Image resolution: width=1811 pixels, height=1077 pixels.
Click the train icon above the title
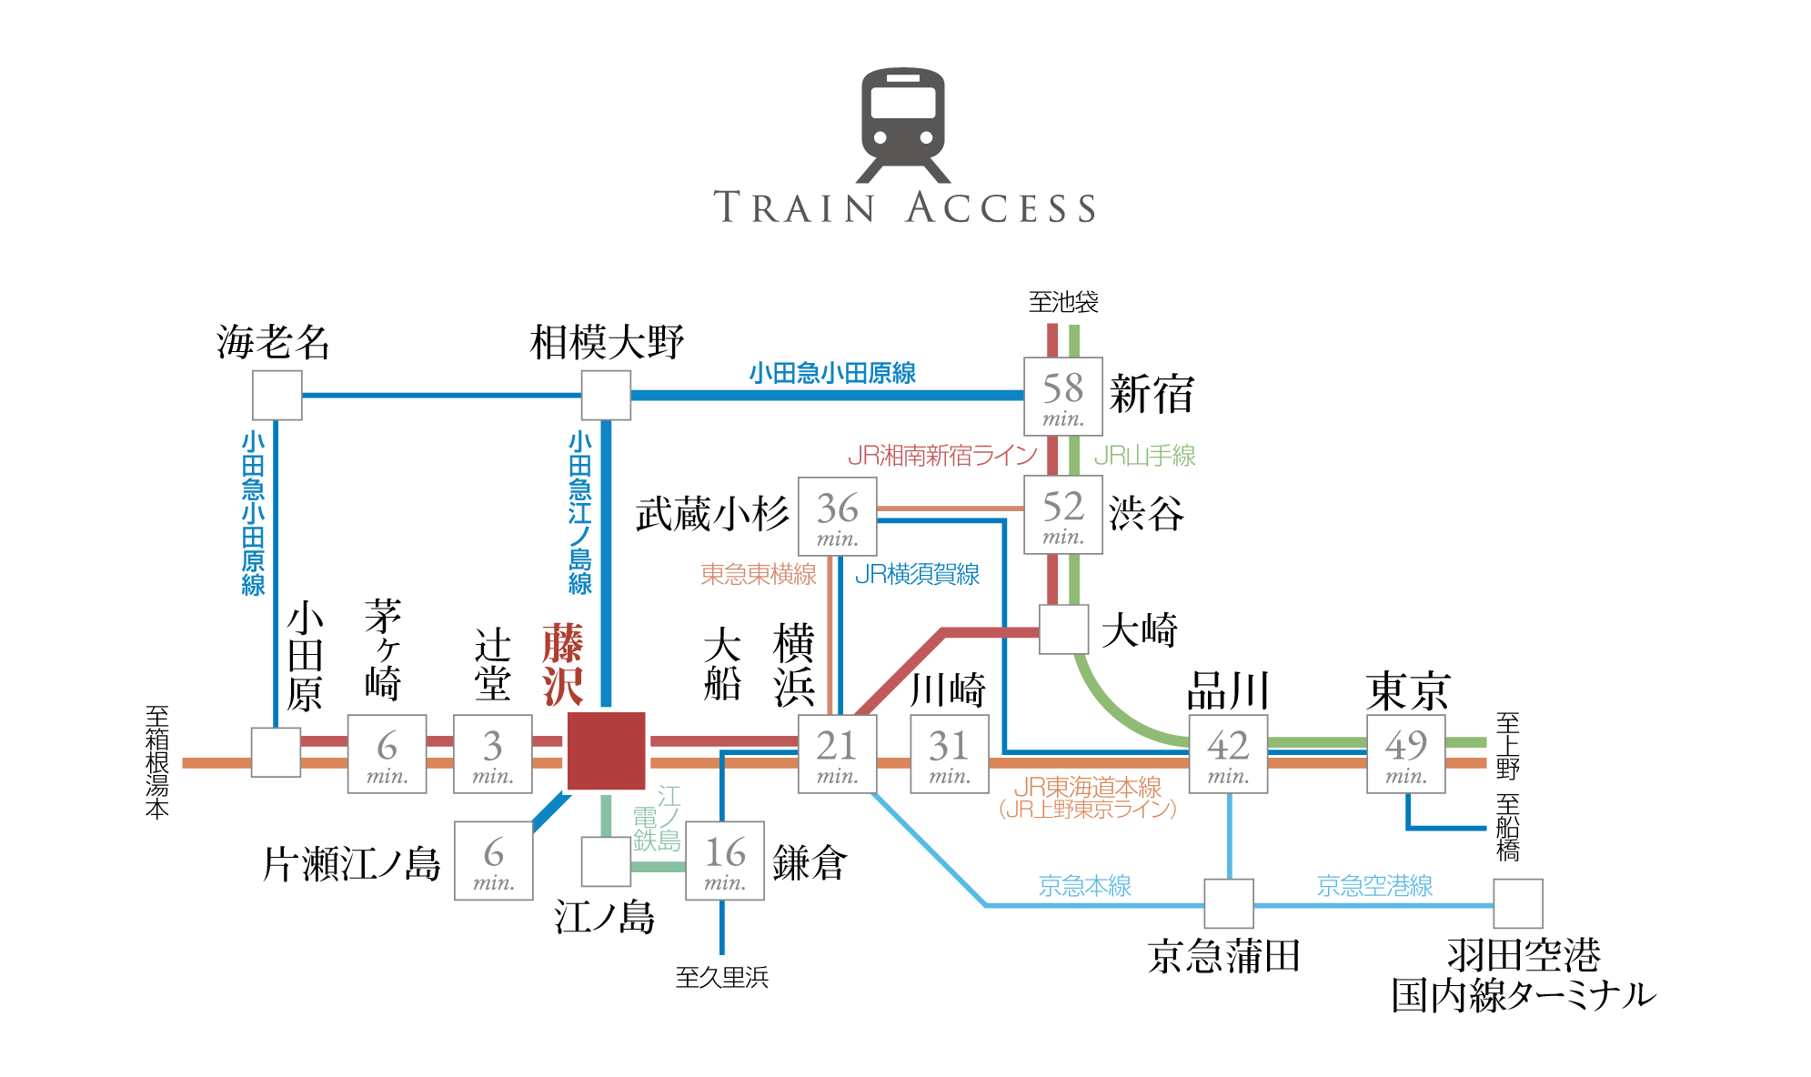point(903,125)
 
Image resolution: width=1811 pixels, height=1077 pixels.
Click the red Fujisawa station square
point(606,751)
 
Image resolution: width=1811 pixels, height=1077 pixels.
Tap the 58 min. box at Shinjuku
point(1063,397)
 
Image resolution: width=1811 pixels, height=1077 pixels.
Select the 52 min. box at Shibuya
point(1063,515)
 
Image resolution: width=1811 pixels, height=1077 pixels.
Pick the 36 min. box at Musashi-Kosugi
point(838,517)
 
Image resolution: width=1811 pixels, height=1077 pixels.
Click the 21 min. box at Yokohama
point(838,754)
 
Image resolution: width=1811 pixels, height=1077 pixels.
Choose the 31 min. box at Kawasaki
point(950,754)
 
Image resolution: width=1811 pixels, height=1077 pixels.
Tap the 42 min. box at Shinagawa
point(1229,754)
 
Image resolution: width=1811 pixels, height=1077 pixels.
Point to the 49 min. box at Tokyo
point(1406,754)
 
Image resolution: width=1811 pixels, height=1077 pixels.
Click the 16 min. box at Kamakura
point(725,861)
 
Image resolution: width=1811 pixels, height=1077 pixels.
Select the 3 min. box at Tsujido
point(493,754)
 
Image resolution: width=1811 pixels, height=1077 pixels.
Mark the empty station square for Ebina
point(277,395)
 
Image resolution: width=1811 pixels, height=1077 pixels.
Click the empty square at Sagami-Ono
point(607,395)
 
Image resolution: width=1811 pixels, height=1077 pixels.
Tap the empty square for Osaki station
point(1064,629)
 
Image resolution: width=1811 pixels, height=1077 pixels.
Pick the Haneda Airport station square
point(1518,903)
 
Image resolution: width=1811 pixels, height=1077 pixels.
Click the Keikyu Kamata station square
point(1229,903)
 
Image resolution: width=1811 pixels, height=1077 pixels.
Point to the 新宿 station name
point(1152,395)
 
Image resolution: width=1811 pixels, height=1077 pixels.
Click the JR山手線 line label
point(1144,456)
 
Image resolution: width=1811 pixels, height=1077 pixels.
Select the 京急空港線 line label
point(1374,886)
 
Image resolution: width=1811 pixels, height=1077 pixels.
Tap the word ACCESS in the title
point(1001,208)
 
